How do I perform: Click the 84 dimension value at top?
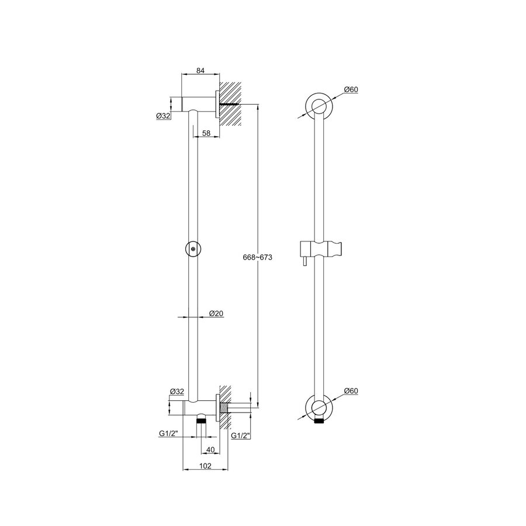200,71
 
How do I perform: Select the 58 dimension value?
206,134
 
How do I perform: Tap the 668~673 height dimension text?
258,258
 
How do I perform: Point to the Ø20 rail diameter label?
217,314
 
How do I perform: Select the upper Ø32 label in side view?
163,116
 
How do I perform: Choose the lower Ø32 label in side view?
177,391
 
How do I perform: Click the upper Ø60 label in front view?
351,89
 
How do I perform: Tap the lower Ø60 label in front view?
351,390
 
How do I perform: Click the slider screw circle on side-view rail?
193,248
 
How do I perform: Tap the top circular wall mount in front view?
319,106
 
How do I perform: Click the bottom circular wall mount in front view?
319,407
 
